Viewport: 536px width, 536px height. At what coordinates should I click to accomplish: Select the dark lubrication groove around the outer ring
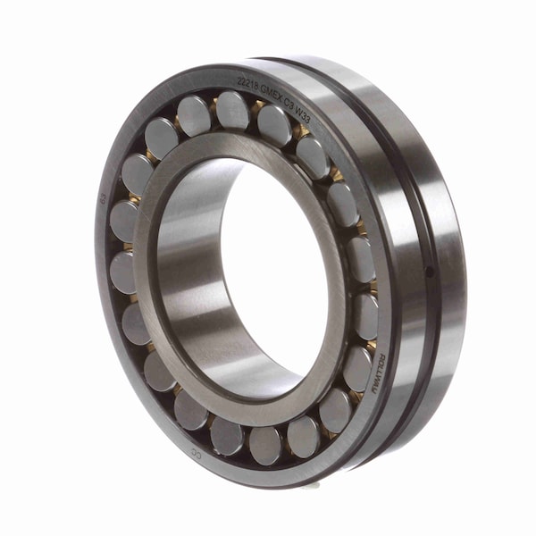click(x=420, y=179)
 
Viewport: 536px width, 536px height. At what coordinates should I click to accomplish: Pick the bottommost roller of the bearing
click(x=265, y=444)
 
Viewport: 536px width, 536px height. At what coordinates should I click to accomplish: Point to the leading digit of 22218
click(x=238, y=81)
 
